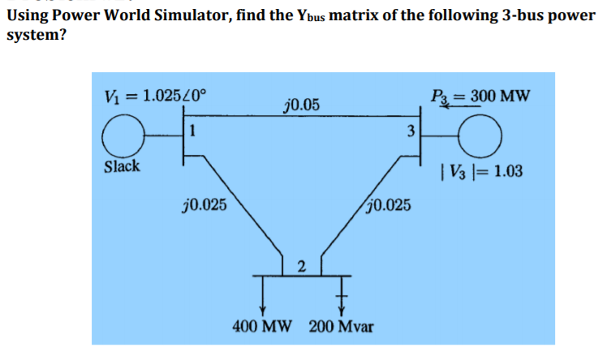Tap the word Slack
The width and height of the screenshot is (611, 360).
point(123,167)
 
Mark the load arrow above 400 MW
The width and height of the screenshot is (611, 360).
point(262,295)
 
